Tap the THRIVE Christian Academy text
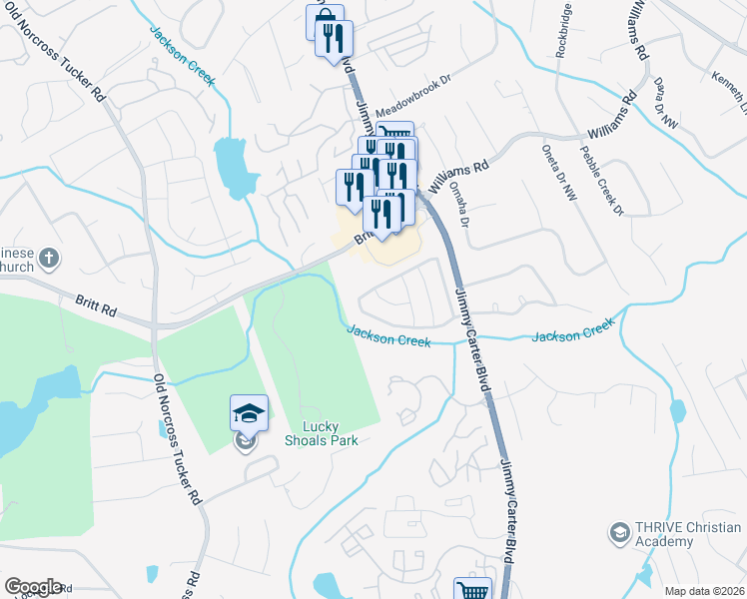[677, 534]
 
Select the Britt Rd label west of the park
[96, 299]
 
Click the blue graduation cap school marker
[249, 412]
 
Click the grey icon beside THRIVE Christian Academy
[619, 532]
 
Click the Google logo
[33, 587]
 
